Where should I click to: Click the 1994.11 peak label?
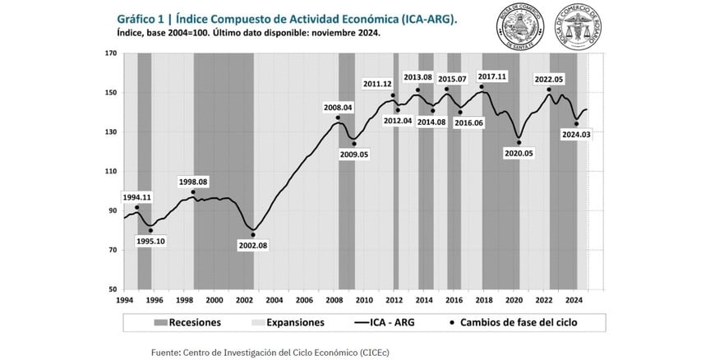point(136,197)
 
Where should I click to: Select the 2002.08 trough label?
point(252,245)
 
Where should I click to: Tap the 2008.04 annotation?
point(338,107)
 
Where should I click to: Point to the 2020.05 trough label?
point(519,154)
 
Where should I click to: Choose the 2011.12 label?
point(377,85)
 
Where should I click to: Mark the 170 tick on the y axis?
point(112,53)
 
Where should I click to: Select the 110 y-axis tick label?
point(112,172)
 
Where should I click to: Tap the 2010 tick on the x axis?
point(363,300)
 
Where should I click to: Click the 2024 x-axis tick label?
point(574,300)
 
